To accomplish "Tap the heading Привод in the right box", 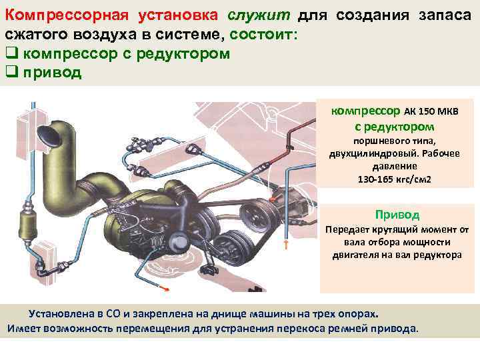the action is click(x=397, y=215).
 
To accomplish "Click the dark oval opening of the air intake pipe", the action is click(x=49, y=135).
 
